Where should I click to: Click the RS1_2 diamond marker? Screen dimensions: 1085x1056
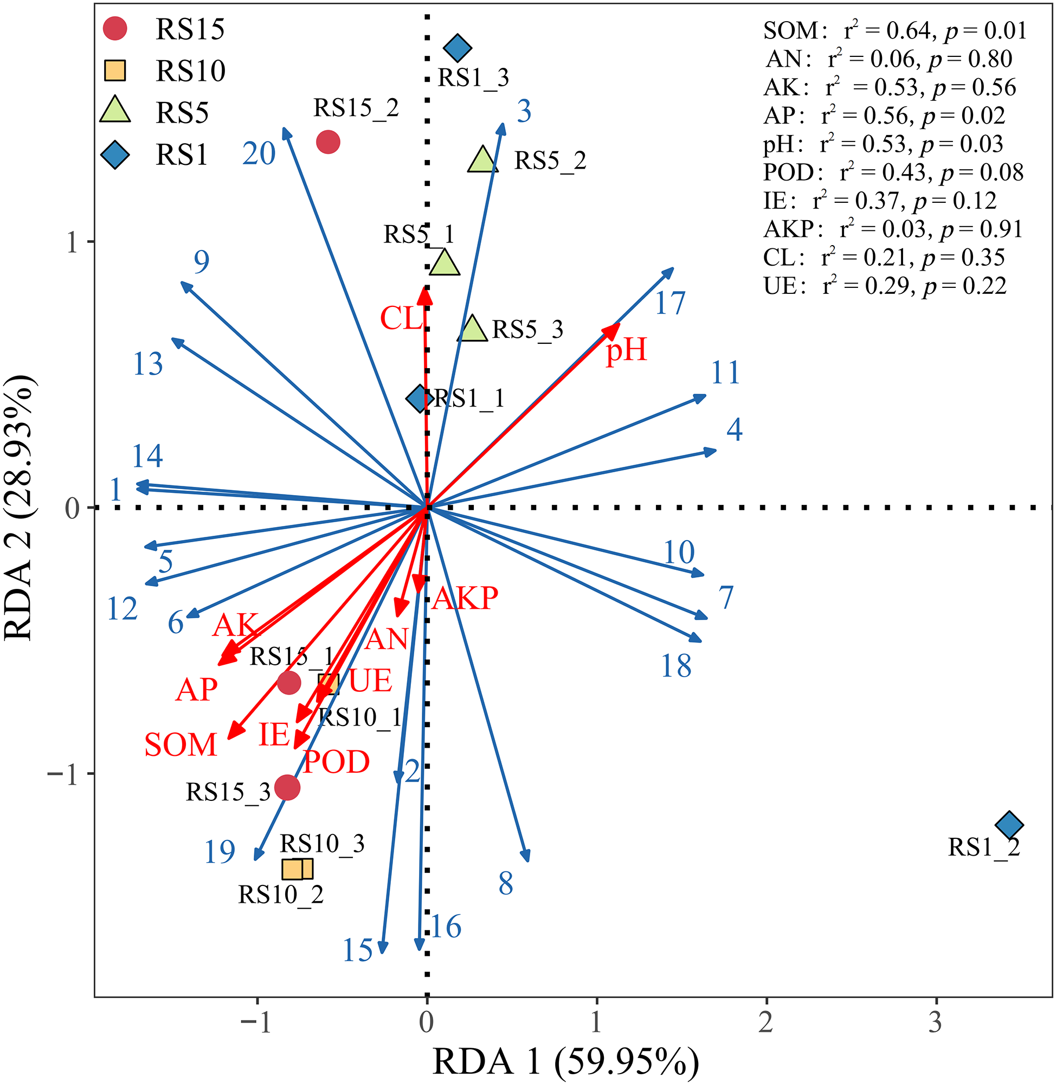tap(1009, 825)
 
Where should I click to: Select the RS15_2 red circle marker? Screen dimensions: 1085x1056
tap(328, 142)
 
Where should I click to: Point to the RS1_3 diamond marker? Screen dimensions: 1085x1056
tap(458, 48)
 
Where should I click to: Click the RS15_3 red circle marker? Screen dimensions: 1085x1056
tap(287, 787)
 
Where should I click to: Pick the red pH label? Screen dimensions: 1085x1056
tap(626, 350)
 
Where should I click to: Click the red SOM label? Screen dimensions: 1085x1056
tap(181, 744)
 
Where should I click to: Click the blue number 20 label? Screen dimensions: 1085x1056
tap(259, 153)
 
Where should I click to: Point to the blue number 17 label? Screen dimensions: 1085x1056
tap(670, 304)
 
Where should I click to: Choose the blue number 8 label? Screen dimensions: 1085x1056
tap(505, 884)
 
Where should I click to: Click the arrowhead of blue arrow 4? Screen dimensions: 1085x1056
tap(713, 451)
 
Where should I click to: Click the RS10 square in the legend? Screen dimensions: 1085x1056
tap(115, 70)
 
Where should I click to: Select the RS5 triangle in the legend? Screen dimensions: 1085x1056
tap(115, 111)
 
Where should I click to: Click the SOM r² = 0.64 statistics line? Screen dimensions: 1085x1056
tap(894, 30)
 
